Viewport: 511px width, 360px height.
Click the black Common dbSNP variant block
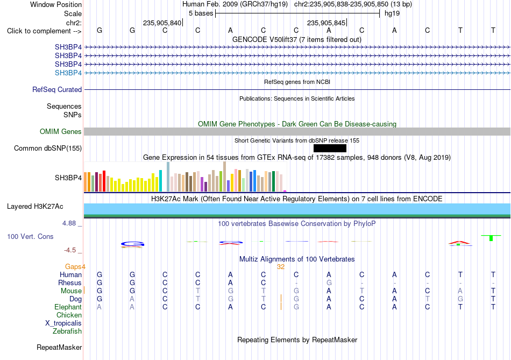pyautogui.click(x=330, y=149)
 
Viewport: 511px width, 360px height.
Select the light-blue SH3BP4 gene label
pyautogui.click(x=68, y=73)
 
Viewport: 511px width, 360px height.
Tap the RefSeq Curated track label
pyautogui.click(x=57, y=90)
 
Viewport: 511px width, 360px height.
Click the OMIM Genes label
pyautogui.click(x=61, y=131)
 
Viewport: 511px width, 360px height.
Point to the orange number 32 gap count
pyautogui.click(x=281, y=267)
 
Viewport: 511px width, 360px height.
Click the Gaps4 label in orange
pyautogui.click(x=75, y=267)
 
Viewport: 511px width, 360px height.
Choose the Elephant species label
pyautogui.click(x=68, y=307)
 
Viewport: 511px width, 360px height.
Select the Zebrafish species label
pyautogui.click(x=67, y=331)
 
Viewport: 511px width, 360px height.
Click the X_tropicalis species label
pyautogui.click(x=63, y=323)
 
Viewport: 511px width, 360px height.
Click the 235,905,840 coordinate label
pyautogui.click(x=162, y=23)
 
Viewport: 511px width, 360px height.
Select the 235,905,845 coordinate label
pyautogui.click(x=326, y=23)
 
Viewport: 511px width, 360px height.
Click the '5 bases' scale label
pyautogui.click(x=201, y=13)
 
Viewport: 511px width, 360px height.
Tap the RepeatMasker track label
pyautogui.click(x=59, y=348)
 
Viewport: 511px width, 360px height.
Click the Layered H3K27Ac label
pyautogui.click(x=35, y=207)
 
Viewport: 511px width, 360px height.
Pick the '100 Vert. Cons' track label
pyautogui.click(x=30, y=236)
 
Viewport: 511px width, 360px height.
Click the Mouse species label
pyautogui.click(x=71, y=291)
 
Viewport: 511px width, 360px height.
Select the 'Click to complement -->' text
pyautogui.click(x=44, y=31)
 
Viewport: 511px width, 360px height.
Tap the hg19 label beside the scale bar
pyautogui.click(x=392, y=13)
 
